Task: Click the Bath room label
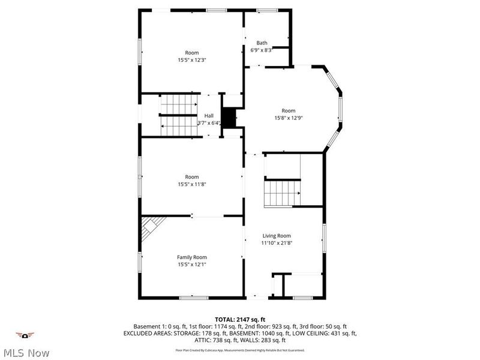(x=262, y=43)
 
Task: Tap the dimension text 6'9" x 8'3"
(x=262, y=50)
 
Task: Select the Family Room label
(x=191, y=257)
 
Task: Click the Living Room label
(x=276, y=236)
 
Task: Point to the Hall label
(x=209, y=116)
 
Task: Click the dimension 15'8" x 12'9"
(x=289, y=118)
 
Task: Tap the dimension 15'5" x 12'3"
(x=191, y=60)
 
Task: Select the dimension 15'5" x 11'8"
(x=191, y=184)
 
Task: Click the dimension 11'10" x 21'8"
(x=276, y=244)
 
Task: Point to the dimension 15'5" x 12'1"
(x=191, y=265)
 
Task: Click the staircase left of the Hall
(x=178, y=116)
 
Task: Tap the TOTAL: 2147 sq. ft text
(x=240, y=319)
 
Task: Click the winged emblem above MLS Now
(x=25, y=335)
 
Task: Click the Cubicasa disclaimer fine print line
(x=240, y=349)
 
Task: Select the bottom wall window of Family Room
(x=194, y=297)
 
